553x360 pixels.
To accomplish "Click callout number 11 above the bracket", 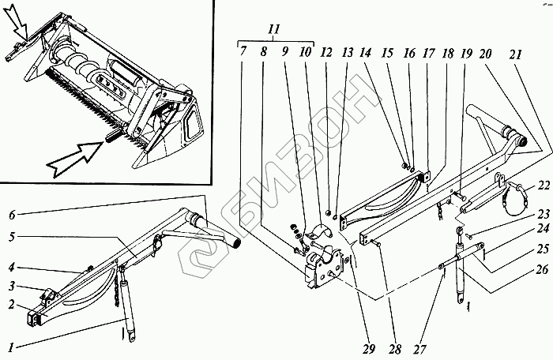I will pyautogui.click(x=273, y=30).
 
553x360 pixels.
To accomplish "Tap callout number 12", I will pyautogui.click(x=326, y=52).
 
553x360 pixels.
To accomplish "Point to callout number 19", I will pyautogui.click(x=468, y=52).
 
